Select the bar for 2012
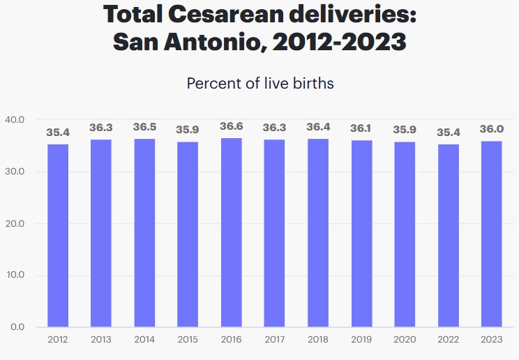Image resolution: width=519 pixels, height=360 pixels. (x=58, y=235)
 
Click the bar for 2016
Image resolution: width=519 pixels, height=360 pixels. (x=232, y=232)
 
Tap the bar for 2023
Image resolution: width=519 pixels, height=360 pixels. (x=492, y=234)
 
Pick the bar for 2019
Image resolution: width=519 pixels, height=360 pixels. (x=362, y=234)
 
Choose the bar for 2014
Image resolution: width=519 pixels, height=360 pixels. (x=145, y=232)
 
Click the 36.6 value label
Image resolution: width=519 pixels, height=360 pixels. (x=232, y=127)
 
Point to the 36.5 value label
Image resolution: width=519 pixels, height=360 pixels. (x=145, y=128)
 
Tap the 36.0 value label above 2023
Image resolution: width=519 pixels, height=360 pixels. (x=492, y=129)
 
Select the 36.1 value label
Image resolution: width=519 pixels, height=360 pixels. (x=362, y=129)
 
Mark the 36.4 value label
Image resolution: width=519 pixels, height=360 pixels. (x=319, y=128)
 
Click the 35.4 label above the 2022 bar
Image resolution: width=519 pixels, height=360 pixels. (x=449, y=133)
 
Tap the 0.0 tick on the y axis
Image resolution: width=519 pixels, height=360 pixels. (x=17, y=327)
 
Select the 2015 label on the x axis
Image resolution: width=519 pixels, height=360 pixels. (x=188, y=340)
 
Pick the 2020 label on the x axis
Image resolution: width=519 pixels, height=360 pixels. (x=405, y=340)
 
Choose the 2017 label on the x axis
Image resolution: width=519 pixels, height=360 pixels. (x=275, y=340)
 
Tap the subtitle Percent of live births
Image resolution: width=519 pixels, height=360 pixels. (x=260, y=84)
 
